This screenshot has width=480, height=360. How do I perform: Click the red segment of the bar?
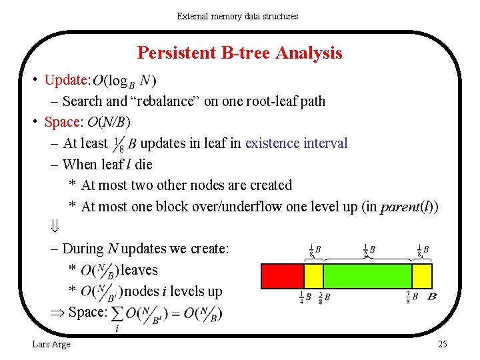(x=281, y=275)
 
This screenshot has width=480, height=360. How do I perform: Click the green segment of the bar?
(x=367, y=275)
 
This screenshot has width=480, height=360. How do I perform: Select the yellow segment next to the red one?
(x=313, y=275)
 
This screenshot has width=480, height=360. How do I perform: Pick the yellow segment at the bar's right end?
(x=422, y=275)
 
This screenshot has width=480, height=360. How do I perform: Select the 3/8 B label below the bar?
(x=324, y=297)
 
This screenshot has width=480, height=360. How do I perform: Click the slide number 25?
(x=442, y=344)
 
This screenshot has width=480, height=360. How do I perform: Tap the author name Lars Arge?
(x=51, y=344)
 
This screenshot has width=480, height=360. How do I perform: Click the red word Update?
(x=66, y=80)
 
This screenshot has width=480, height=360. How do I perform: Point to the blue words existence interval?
(x=296, y=143)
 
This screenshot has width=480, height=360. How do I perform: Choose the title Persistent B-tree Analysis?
(x=239, y=53)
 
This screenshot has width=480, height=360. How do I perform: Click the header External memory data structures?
(x=237, y=16)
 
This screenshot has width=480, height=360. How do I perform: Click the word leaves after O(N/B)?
(x=139, y=270)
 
